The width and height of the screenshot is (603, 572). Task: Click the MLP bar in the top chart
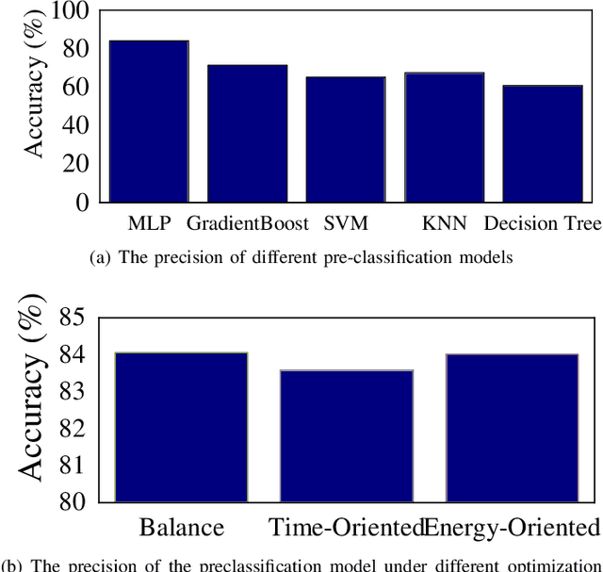click(149, 122)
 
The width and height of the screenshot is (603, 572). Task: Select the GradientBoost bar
click(247, 134)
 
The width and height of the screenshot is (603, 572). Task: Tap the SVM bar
click(345, 139)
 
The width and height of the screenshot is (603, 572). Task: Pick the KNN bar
click(444, 138)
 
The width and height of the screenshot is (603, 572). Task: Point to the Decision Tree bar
click(542, 143)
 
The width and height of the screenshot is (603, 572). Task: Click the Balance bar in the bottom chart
click(181, 427)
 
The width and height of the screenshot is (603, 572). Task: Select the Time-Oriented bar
click(346, 435)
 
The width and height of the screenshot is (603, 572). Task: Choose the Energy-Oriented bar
click(511, 428)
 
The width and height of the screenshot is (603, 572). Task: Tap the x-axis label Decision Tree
click(542, 224)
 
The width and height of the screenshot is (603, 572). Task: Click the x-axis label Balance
click(181, 527)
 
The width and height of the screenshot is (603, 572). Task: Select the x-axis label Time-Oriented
click(346, 527)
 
